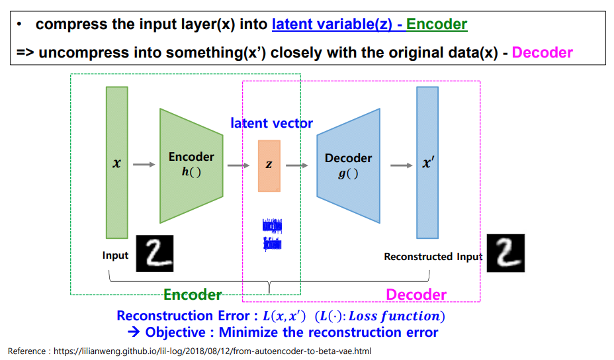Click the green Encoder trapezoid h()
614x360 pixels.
pyautogui.click(x=191, y=165)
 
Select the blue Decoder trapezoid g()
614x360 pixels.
pyautogui.click(x=348, y=165)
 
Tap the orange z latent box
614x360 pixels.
pyautogui.click(x=269, y=165)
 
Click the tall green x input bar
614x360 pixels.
pyautogui.click(x=116, y=162)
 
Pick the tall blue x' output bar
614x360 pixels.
pyautogui.click(x=427, y=162)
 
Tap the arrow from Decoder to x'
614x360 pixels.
pyautogui.click(x=401, y=165)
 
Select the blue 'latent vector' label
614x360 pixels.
pyautogui.click(x=271, y=123)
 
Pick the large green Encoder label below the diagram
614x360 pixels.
pyautogui.click(x=193, y=294)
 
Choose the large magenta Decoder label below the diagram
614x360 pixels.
pyautogui.click(x=416, y=294)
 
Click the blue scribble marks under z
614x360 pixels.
pyautogui.click(x=272, y=235)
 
